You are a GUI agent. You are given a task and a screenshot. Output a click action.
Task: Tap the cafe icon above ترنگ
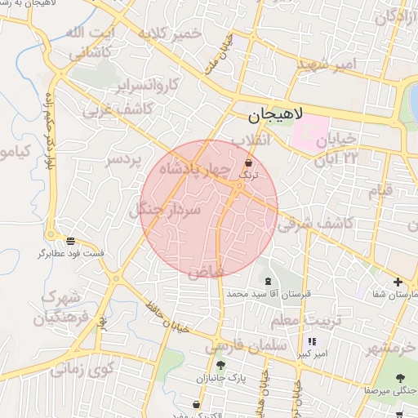tap(248, 162)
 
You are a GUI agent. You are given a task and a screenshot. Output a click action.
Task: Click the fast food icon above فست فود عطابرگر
tap(71, 241)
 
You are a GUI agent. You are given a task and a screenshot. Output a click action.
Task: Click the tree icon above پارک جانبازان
tap(220, 364)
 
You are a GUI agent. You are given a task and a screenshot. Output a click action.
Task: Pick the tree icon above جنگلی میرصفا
tap(400, 378)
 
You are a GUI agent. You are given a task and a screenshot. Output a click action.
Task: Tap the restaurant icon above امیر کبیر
tap(311, 342)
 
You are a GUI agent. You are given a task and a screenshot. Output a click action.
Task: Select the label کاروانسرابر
tap(122, 86)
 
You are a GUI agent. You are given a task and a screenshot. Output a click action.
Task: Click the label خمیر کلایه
tap(170, 34)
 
